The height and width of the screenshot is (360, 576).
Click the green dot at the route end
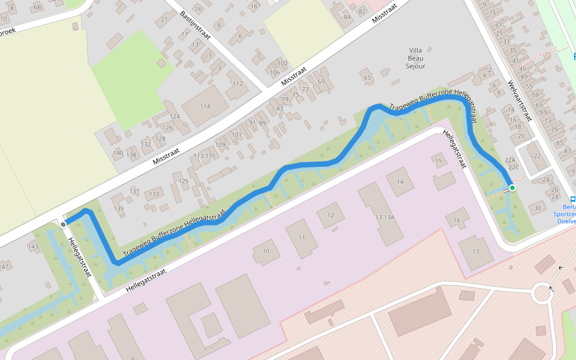(512, 188)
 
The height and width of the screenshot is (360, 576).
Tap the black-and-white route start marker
(63, 224)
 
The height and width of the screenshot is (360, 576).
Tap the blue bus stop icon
(572, 199)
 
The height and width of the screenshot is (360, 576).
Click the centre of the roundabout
(542, 294)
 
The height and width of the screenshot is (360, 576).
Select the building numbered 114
(205, 106)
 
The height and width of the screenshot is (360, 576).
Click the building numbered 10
(266, 251)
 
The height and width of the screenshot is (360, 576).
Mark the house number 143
(33, 247)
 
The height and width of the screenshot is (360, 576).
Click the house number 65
(367, 77)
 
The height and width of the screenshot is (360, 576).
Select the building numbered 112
(238, 84)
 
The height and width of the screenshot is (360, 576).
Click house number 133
(154, 194)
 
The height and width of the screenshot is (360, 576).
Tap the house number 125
(184, 181)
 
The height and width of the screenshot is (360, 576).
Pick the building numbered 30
(537, 208)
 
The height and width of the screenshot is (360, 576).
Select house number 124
(175, 116)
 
